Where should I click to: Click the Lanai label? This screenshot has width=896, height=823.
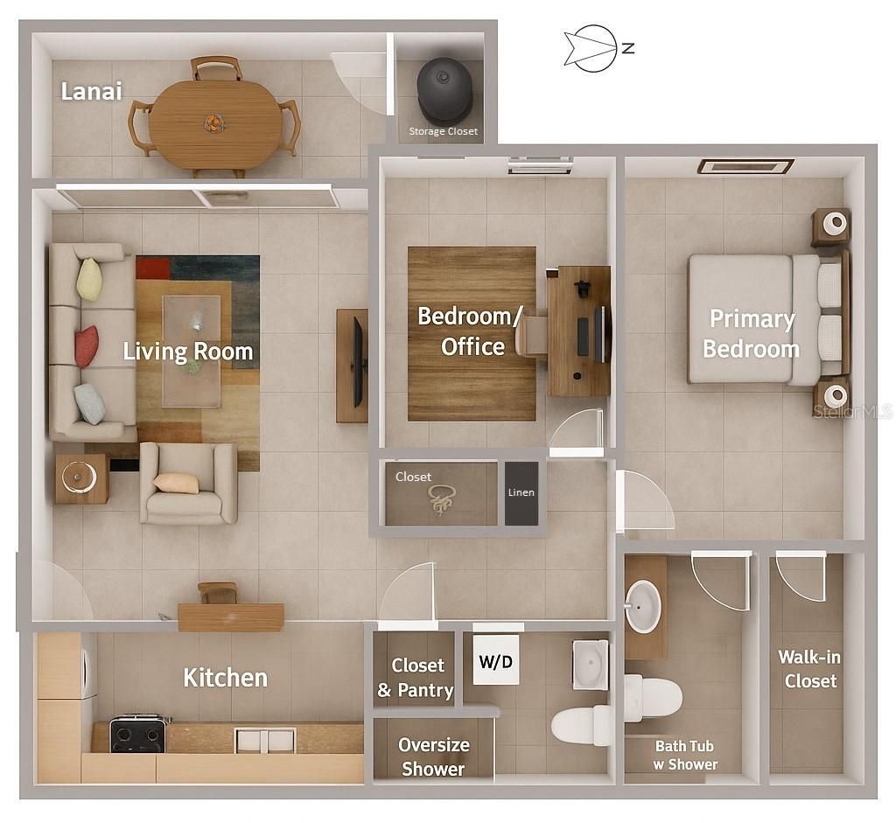[91, 91]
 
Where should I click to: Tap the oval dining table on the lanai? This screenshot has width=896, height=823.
[215, 124]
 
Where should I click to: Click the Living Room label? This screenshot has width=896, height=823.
[187, 352]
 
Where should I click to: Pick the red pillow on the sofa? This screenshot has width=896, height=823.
[86, 346]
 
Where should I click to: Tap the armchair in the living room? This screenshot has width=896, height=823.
[188, 483]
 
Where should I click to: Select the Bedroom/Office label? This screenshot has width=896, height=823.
[472, 331]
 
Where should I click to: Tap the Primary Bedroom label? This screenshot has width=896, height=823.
[751, 333]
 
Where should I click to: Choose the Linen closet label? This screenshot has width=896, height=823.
[521, 492]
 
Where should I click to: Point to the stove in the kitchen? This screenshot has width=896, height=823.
[137, 734]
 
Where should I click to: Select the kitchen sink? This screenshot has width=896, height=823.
[265, 740]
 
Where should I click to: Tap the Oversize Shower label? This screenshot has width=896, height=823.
[433, 757]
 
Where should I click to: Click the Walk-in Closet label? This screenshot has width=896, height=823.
[810, 668]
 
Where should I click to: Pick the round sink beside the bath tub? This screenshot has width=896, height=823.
[643, 606]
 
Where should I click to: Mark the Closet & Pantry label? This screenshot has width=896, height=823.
[416, 678]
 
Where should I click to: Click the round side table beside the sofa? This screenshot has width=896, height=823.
[80, 478]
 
